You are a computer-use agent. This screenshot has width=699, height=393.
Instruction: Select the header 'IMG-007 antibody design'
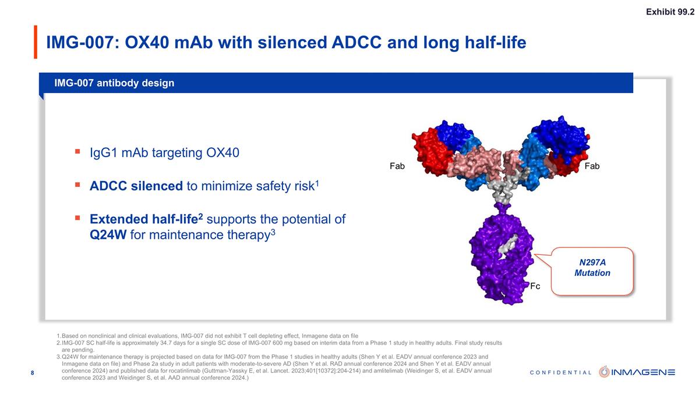[114, 83]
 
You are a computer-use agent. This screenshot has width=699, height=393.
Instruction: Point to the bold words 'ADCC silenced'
[136, 186]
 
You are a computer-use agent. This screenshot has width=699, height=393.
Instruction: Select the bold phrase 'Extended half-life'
[143, 219]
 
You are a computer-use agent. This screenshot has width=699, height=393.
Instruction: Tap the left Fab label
[397, 167]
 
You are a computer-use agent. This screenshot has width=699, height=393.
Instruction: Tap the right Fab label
[592, 167]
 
